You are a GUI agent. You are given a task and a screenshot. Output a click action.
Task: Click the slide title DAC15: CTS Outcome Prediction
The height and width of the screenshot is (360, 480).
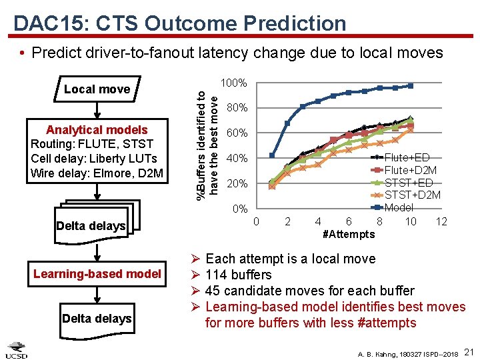179,23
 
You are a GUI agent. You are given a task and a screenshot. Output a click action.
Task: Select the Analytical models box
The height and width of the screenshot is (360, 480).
97,152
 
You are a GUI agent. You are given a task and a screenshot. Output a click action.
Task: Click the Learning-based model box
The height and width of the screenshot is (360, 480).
97,274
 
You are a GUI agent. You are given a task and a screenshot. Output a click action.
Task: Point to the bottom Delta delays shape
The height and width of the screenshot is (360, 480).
97,319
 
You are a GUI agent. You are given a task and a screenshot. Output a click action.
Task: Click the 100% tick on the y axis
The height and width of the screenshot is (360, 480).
233,83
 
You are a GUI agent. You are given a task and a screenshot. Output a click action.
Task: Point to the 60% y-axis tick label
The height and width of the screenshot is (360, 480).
237,133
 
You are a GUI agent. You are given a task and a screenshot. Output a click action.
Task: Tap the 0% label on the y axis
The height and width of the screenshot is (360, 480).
239,209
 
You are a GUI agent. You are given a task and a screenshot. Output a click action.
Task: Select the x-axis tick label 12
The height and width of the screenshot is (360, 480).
441,222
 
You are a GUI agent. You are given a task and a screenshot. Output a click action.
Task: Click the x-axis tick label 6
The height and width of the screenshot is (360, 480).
349,222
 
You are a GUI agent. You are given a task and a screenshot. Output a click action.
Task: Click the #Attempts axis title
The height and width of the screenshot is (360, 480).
348,235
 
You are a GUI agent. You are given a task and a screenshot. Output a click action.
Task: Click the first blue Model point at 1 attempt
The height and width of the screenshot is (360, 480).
272,155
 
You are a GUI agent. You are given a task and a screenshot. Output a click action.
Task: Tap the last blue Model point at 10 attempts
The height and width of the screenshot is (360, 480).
411,85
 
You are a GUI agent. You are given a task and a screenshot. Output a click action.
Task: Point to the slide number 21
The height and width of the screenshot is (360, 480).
468,351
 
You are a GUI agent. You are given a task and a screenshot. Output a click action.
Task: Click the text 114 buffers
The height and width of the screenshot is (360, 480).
239,275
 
